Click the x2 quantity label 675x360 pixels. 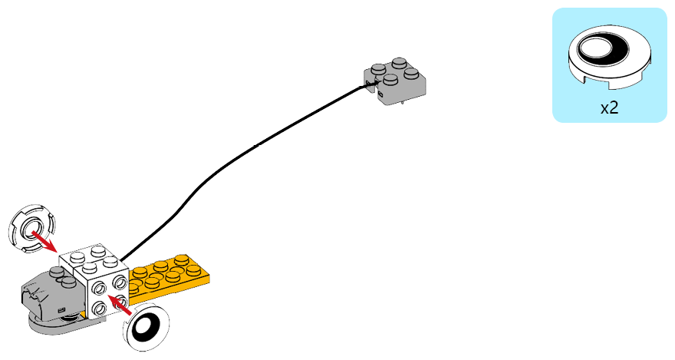pos(609,107)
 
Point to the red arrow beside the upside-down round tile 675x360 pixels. pos(44,242)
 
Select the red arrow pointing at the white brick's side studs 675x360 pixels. pos(119,305)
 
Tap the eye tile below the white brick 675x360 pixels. pos(146,328)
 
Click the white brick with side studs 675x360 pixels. pos(94,282)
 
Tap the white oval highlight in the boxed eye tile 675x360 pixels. pos(596,48)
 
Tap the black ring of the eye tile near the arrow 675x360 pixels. pos(146,328)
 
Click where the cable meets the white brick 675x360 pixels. pos(121,260)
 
